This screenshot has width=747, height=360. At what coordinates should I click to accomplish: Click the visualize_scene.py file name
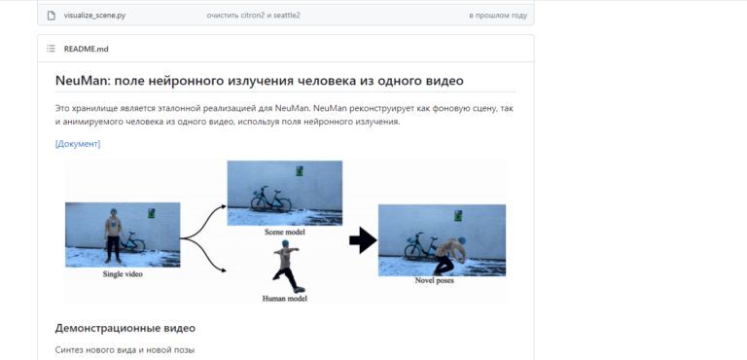click(x=94, y=16)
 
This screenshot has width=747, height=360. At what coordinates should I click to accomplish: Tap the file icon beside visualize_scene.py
click(x=51, y=16)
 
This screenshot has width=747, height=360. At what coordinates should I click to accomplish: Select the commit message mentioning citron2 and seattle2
click(x=254, y=16)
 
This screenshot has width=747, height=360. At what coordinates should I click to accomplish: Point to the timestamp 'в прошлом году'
click(x=498, y=16)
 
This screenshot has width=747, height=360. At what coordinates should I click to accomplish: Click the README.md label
click(x=87, y=49)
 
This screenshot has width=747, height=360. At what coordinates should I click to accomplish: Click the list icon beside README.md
click(x=51, y=49)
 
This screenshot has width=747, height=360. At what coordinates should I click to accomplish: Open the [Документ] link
click(x=78, y=144)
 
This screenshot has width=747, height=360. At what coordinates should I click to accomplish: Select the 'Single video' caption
click(x=123, y=274)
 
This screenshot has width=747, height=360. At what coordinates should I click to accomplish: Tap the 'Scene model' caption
click(x=284, y=233)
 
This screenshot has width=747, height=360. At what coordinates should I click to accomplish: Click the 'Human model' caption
click(x=284, y=299)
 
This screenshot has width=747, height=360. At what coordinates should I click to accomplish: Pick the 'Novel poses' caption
click(x=434, y=280)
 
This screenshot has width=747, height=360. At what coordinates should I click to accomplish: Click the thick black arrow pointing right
click(x=363, y=240)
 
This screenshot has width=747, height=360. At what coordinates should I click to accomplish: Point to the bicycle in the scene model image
click(x=271, y=199)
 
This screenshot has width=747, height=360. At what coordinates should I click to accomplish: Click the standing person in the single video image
click(x=113, y=235)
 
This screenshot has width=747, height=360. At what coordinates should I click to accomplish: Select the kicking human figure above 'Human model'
click(x=285, y=266)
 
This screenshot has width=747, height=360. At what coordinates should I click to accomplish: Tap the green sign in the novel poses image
click(x=458, y=215)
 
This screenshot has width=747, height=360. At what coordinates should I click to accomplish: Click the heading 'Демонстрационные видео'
click(x=124, y=328)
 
